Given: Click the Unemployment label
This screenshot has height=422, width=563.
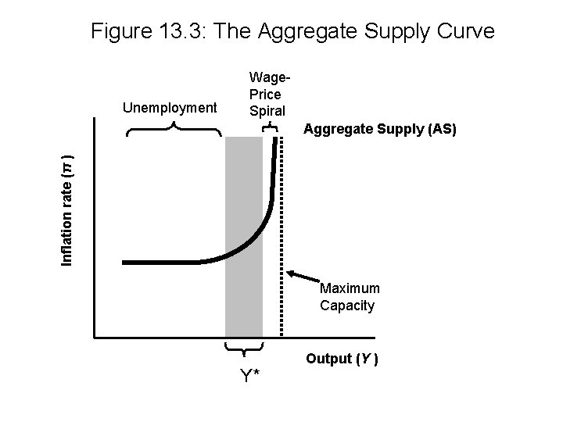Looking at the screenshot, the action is [170, 107].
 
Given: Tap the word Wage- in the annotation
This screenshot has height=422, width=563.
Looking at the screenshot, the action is [270, 78].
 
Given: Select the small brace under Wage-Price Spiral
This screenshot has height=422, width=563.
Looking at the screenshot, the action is [270, 126].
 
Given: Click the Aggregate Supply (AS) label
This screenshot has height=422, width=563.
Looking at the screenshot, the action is [379, 129].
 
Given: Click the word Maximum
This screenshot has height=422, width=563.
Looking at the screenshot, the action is [350, 289].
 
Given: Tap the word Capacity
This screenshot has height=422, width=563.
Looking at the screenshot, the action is [346, 305].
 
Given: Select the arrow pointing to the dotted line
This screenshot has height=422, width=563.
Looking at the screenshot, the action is [303, 277].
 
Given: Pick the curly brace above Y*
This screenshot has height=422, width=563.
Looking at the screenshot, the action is [244, 347].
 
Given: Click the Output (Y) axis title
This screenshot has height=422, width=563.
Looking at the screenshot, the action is [342, 359].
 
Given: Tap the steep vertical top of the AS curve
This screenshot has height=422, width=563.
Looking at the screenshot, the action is [276, 164].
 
